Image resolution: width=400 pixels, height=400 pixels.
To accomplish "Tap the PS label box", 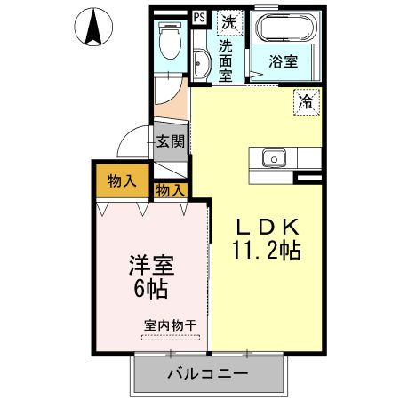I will pyautogui.click(x=198, y=15).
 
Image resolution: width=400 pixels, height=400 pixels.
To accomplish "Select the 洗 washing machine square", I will pyautogui.click(x=229, y=20).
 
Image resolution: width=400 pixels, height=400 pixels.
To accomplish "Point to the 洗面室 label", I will pyautogui.click(x=226, y=60).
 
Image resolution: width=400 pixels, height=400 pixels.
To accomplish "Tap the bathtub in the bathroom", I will pyautogui.click(x=285, y=30).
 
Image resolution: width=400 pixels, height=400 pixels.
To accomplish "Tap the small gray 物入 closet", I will pyautogui.click(x=171, y=188).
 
